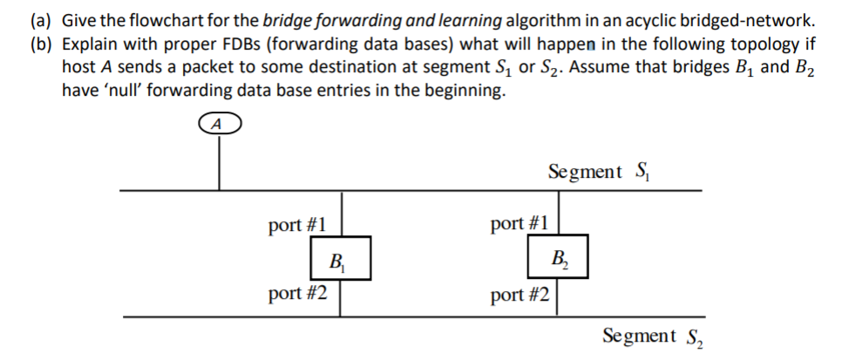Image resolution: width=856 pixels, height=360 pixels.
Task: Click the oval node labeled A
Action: tap(218, 126)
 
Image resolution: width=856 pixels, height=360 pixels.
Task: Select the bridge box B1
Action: tap(340, 258)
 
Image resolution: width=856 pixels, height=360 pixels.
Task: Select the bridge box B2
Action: tap(557, 258)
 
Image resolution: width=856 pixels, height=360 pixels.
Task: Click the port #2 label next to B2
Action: tap(520, 295)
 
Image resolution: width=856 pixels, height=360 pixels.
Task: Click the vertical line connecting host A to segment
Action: tap(219, 162)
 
